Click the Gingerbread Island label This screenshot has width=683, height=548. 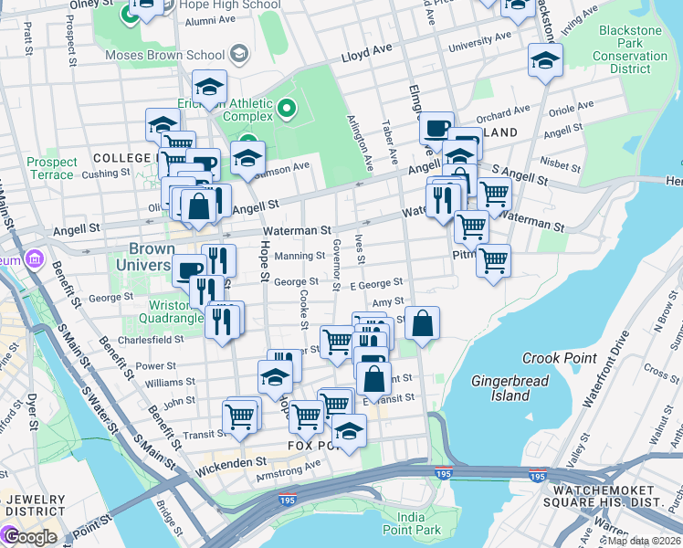(500, 387)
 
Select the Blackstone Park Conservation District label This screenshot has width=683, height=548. (630, 56)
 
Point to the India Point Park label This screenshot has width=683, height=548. (411, 522)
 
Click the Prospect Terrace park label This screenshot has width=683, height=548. (51, 168)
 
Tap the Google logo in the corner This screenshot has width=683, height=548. (29, 536)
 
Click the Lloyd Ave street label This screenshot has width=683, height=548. (366, 56)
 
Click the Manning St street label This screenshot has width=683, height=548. (299, 257)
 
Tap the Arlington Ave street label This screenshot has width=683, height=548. (362, 144)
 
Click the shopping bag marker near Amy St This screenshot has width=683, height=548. (422, 323)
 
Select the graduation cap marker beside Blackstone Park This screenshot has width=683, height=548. (545, 60)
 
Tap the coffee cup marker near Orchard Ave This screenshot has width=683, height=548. (436, 127)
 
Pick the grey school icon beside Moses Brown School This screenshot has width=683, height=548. (238, 55)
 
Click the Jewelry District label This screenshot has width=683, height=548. (33, 507)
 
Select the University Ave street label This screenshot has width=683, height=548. (479, 42)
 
